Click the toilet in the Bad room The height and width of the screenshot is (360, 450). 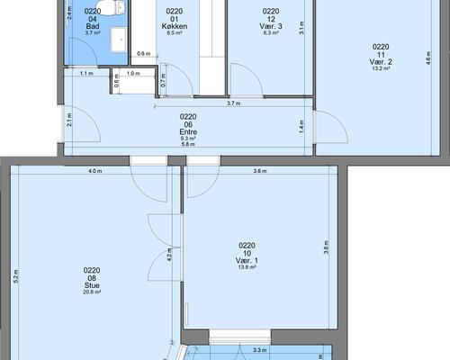[x=110, y=6]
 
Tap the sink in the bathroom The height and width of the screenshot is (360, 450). [x=120, y=40]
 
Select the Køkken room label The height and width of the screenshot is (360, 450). [x=175, y=26]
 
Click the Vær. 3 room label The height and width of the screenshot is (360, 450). [x=271, y=26]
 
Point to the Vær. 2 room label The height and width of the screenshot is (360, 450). [x=381, y=62]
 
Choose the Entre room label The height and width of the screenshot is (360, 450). [x=188, y=132]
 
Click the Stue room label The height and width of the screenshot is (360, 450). [x=92, y=285]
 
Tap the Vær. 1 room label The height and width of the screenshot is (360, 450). [x=247, y=261]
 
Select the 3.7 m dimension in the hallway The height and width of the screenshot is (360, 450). [x=234, y=103]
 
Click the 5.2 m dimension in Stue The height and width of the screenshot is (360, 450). [x=16, y=276]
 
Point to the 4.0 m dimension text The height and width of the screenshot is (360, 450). [x=95, y=171]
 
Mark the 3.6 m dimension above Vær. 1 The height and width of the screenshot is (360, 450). [x=260, y=171]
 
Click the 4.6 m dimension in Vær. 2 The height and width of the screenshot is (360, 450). [x=428, y=58]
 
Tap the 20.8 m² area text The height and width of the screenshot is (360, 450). [x=92, y=292]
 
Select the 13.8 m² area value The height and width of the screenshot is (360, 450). [x=247, y=267]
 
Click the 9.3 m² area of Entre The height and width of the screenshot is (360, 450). [x=188, y=139]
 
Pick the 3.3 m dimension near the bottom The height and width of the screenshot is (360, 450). [x=260, y=350]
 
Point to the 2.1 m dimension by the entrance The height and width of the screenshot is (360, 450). [x=69, y=120]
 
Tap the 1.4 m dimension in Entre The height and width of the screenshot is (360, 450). [x=301, y=127]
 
